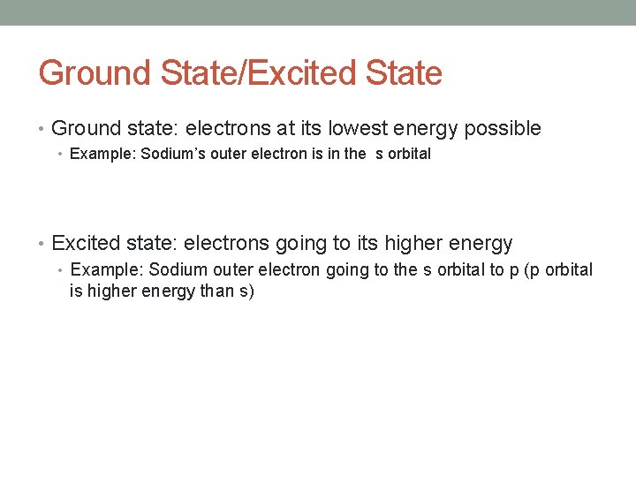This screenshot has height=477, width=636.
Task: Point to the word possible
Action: (503, 129)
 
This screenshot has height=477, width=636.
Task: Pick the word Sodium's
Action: (173, 154)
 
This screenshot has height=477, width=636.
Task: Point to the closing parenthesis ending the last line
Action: (251, 291)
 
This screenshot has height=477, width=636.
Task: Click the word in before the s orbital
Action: (332, 154)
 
